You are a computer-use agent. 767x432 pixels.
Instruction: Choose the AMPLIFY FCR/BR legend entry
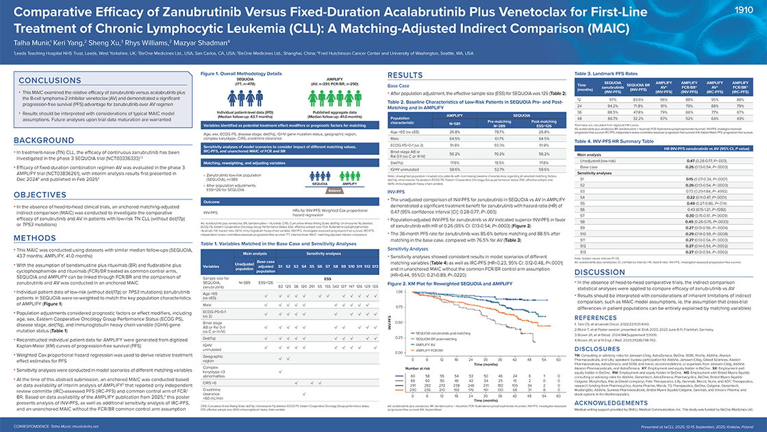point(428,350)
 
